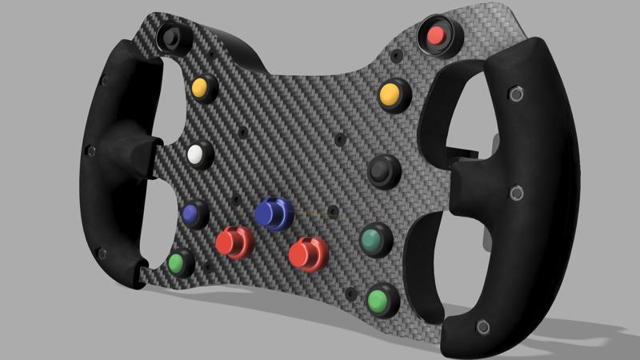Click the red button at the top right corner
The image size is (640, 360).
click(x=436, y=35)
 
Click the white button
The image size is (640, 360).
click(x=195, y=154)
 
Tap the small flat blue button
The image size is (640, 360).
click(x=190, y=213)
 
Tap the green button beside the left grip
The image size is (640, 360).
click(x=178, y=262)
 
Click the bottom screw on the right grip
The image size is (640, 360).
click(x=482, y=326)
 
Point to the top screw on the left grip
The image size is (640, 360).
click(x=104, y=80)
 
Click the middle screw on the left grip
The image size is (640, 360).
click(x=90, y=150)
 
